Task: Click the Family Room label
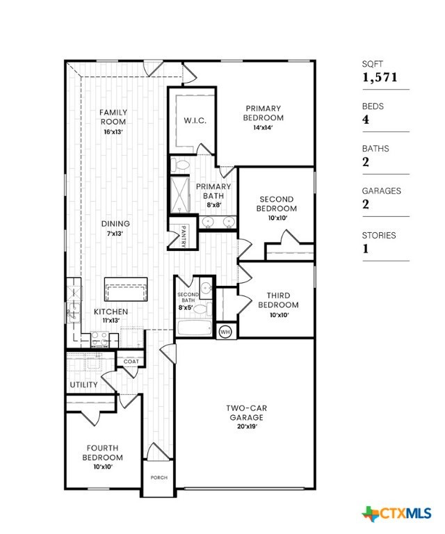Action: click(x=113, y=117)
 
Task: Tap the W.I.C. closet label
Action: click(x=195, y=120)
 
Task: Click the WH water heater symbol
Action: click(x=225, y=332)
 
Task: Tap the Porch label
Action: click(x=159, y=478)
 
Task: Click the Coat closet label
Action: click(x=131, y=362)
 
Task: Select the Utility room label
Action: click(x=83, y=385)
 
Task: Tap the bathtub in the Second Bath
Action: click(x=193, y=328)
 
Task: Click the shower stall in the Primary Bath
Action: click(x=180, y=195)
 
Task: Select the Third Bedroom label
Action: click(x=278, y=300)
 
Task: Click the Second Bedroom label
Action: click(x=277, y=203)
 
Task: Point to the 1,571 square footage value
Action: click(x=380, y=77)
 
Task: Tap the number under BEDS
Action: click(x=366, y=120)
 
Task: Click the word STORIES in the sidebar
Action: click(x=379, y=235)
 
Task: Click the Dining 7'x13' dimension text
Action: click(x=115, y=234)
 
